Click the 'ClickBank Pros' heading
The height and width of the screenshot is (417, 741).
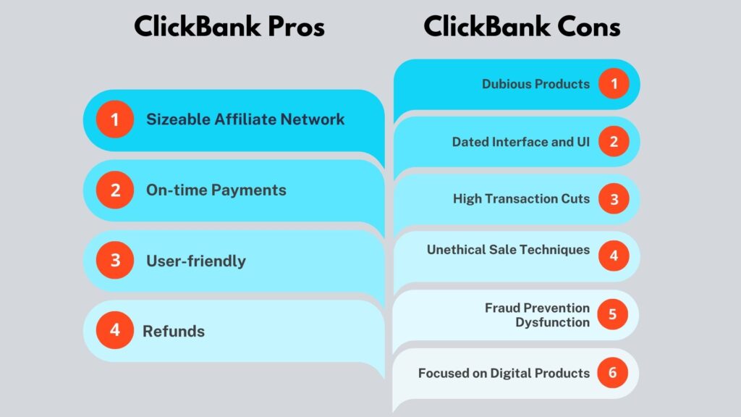229,27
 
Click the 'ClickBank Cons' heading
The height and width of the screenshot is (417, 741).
522,27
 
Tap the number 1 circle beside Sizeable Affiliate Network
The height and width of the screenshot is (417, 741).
115,119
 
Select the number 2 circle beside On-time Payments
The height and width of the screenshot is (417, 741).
115,190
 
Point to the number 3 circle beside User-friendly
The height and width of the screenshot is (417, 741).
115,260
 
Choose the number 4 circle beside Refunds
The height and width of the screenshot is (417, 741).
115,330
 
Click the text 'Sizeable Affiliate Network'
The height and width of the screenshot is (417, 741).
245,119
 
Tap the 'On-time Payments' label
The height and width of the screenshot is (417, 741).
216,190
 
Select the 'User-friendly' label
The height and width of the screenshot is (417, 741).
196,261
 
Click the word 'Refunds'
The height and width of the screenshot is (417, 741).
174,332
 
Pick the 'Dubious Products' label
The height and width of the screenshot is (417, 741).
535,84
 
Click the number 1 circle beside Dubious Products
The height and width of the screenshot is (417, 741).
614,84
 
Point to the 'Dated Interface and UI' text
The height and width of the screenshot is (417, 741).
521,142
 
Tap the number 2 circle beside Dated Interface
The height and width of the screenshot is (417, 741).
614,141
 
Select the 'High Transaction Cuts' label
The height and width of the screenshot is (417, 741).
521,198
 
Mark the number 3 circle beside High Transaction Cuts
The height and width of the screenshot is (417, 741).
614,199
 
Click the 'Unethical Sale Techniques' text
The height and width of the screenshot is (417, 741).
508,250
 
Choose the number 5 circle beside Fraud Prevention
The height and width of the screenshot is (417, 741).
612,314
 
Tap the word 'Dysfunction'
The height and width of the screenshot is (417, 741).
552,322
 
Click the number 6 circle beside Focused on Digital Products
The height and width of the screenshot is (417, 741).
612,373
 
